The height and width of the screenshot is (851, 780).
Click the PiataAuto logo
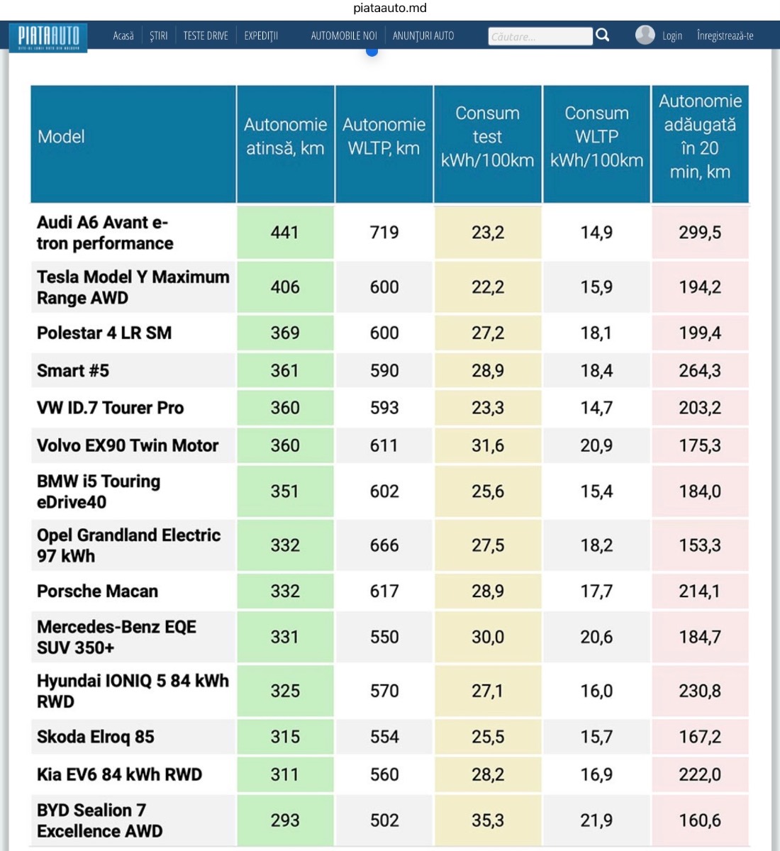coord(48,36)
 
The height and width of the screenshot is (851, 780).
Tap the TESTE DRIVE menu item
coord(206,35)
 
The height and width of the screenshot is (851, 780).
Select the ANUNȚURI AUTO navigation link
coord(423,35)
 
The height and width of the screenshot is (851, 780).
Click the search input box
coord(540,36)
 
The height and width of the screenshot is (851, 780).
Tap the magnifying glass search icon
coord(603,35)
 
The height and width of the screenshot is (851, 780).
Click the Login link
coord(672,35)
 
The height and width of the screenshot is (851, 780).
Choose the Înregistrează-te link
coord(725,35)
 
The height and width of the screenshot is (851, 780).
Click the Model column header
coord(61,137)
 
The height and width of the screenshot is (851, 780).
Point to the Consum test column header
coord(487,137)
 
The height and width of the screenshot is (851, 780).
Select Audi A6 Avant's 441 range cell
coord(284,233)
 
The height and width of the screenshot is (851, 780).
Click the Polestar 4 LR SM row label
coord(104,333)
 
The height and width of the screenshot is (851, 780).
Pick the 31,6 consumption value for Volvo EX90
coord(488,445)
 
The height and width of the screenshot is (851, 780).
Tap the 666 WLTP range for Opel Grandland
coord(384,545)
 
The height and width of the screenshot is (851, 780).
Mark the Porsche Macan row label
coord(98,591)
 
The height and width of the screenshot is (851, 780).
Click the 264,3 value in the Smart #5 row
coord(700,370)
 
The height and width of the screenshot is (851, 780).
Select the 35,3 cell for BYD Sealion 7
coord(488,821)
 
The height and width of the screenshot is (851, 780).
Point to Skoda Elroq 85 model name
coord(96,737)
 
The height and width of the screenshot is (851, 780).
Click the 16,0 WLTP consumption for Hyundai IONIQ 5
coord(596,691)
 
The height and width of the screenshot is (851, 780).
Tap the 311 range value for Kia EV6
coord(284,774)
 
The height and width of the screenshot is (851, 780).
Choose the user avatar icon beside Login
coord(645,35)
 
